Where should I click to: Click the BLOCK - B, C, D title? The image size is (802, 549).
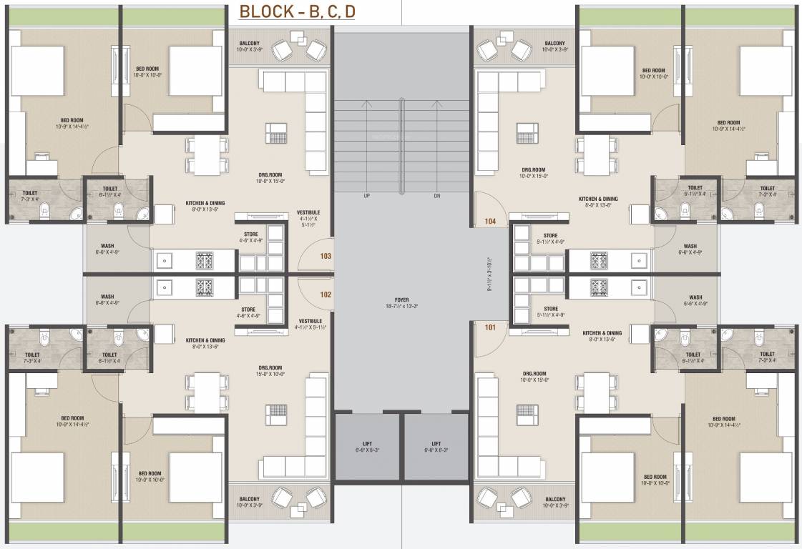pyautogui.click(x=297, y=12)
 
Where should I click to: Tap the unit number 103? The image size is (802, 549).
pyautogui.click(x=326, y=255)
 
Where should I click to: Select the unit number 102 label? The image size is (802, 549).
pyautogui.click(x=326, y=294)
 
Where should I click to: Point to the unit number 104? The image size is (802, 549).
pyautogui.click(x=490, y=222)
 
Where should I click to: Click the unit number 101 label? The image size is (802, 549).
pyautogui.click(x=490, y=328)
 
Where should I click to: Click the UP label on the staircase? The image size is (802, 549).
pyautogui.click(x=367, y=195)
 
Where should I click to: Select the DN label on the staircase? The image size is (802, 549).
pyautogui.click(x=436, y=195)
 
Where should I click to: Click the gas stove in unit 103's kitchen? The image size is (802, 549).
pyautogui.click(x=205, y=261)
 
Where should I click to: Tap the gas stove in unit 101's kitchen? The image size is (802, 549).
pyautogui.click(x=599, y=287)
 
